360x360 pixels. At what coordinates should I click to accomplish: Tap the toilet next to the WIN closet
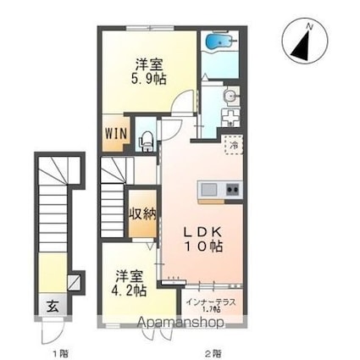147,136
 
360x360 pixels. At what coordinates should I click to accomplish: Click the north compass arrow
303,42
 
